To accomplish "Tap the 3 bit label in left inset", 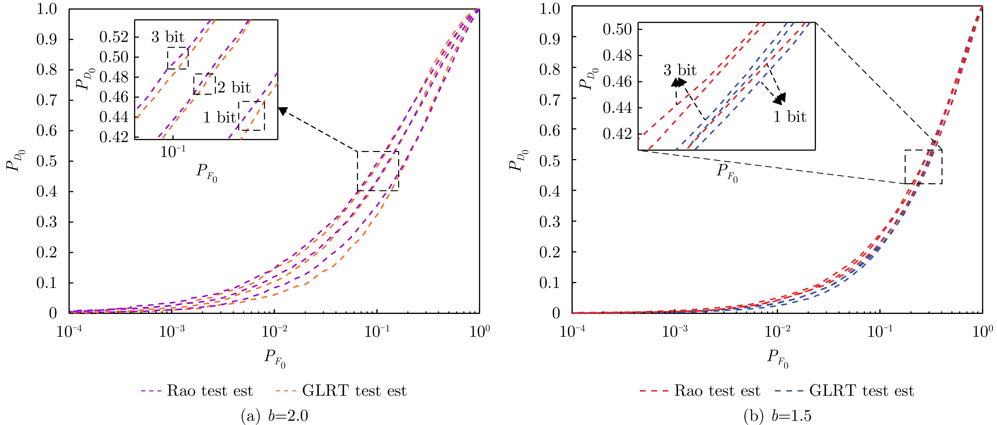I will tap(168, 37).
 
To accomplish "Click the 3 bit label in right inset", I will tap(680, 70).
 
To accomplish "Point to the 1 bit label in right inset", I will tap(789, 117).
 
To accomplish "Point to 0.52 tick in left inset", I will tap(114, 37).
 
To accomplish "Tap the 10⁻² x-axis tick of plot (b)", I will tap(777, 332).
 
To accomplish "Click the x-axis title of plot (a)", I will tap(274, 358).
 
